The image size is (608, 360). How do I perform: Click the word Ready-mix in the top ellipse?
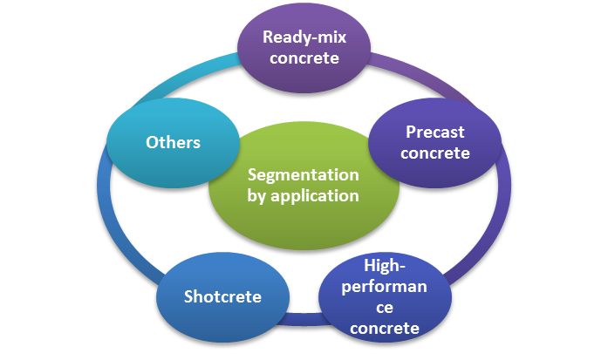300,37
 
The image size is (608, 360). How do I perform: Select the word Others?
173,142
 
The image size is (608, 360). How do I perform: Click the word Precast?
434,132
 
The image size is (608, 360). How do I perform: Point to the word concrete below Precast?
434,153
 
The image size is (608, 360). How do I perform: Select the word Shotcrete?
222,296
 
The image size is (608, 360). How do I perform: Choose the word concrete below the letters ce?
385,328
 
